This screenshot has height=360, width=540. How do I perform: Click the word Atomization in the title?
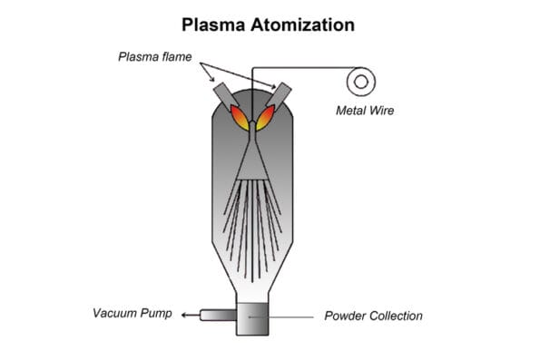click(x=306, y=24)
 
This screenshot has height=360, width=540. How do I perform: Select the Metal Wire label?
click(x=360, y=112)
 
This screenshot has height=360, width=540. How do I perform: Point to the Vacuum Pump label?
click(x=132, y=315)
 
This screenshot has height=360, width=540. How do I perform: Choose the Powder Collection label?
click(x=373, y=316)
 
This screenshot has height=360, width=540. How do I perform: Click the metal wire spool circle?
click(x=360, y=81)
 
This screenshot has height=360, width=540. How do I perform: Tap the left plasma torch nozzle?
click(x=223, y=94)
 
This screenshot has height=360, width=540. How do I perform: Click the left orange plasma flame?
click(x=239, y=115)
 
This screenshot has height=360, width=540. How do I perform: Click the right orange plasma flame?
click(x=266, y=115)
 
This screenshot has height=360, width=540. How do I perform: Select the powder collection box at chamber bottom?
click(x=252, y=316)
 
